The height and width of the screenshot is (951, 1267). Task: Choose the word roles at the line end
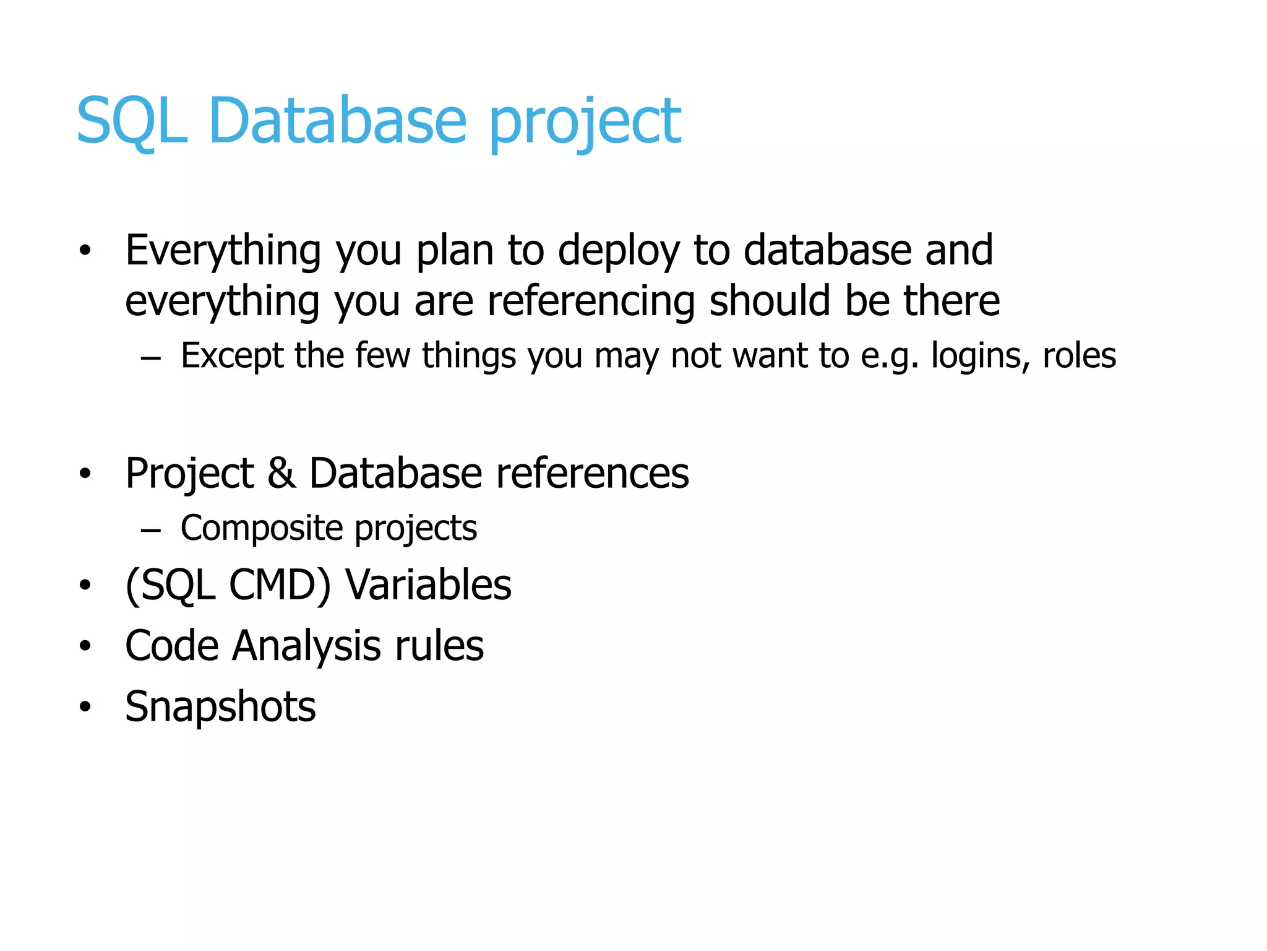pos(1079,355)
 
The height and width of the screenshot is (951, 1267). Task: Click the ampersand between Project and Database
pos(281,473)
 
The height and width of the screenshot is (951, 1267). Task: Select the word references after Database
pos(592,473)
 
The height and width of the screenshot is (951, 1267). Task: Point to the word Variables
pos(428,584)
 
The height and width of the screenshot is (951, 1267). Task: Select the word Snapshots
pos(220,706)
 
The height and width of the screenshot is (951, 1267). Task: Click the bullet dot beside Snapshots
pos(85,706)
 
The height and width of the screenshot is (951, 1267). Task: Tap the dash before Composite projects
pos(151,530)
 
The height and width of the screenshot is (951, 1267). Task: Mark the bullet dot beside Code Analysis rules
pos(85,646)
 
